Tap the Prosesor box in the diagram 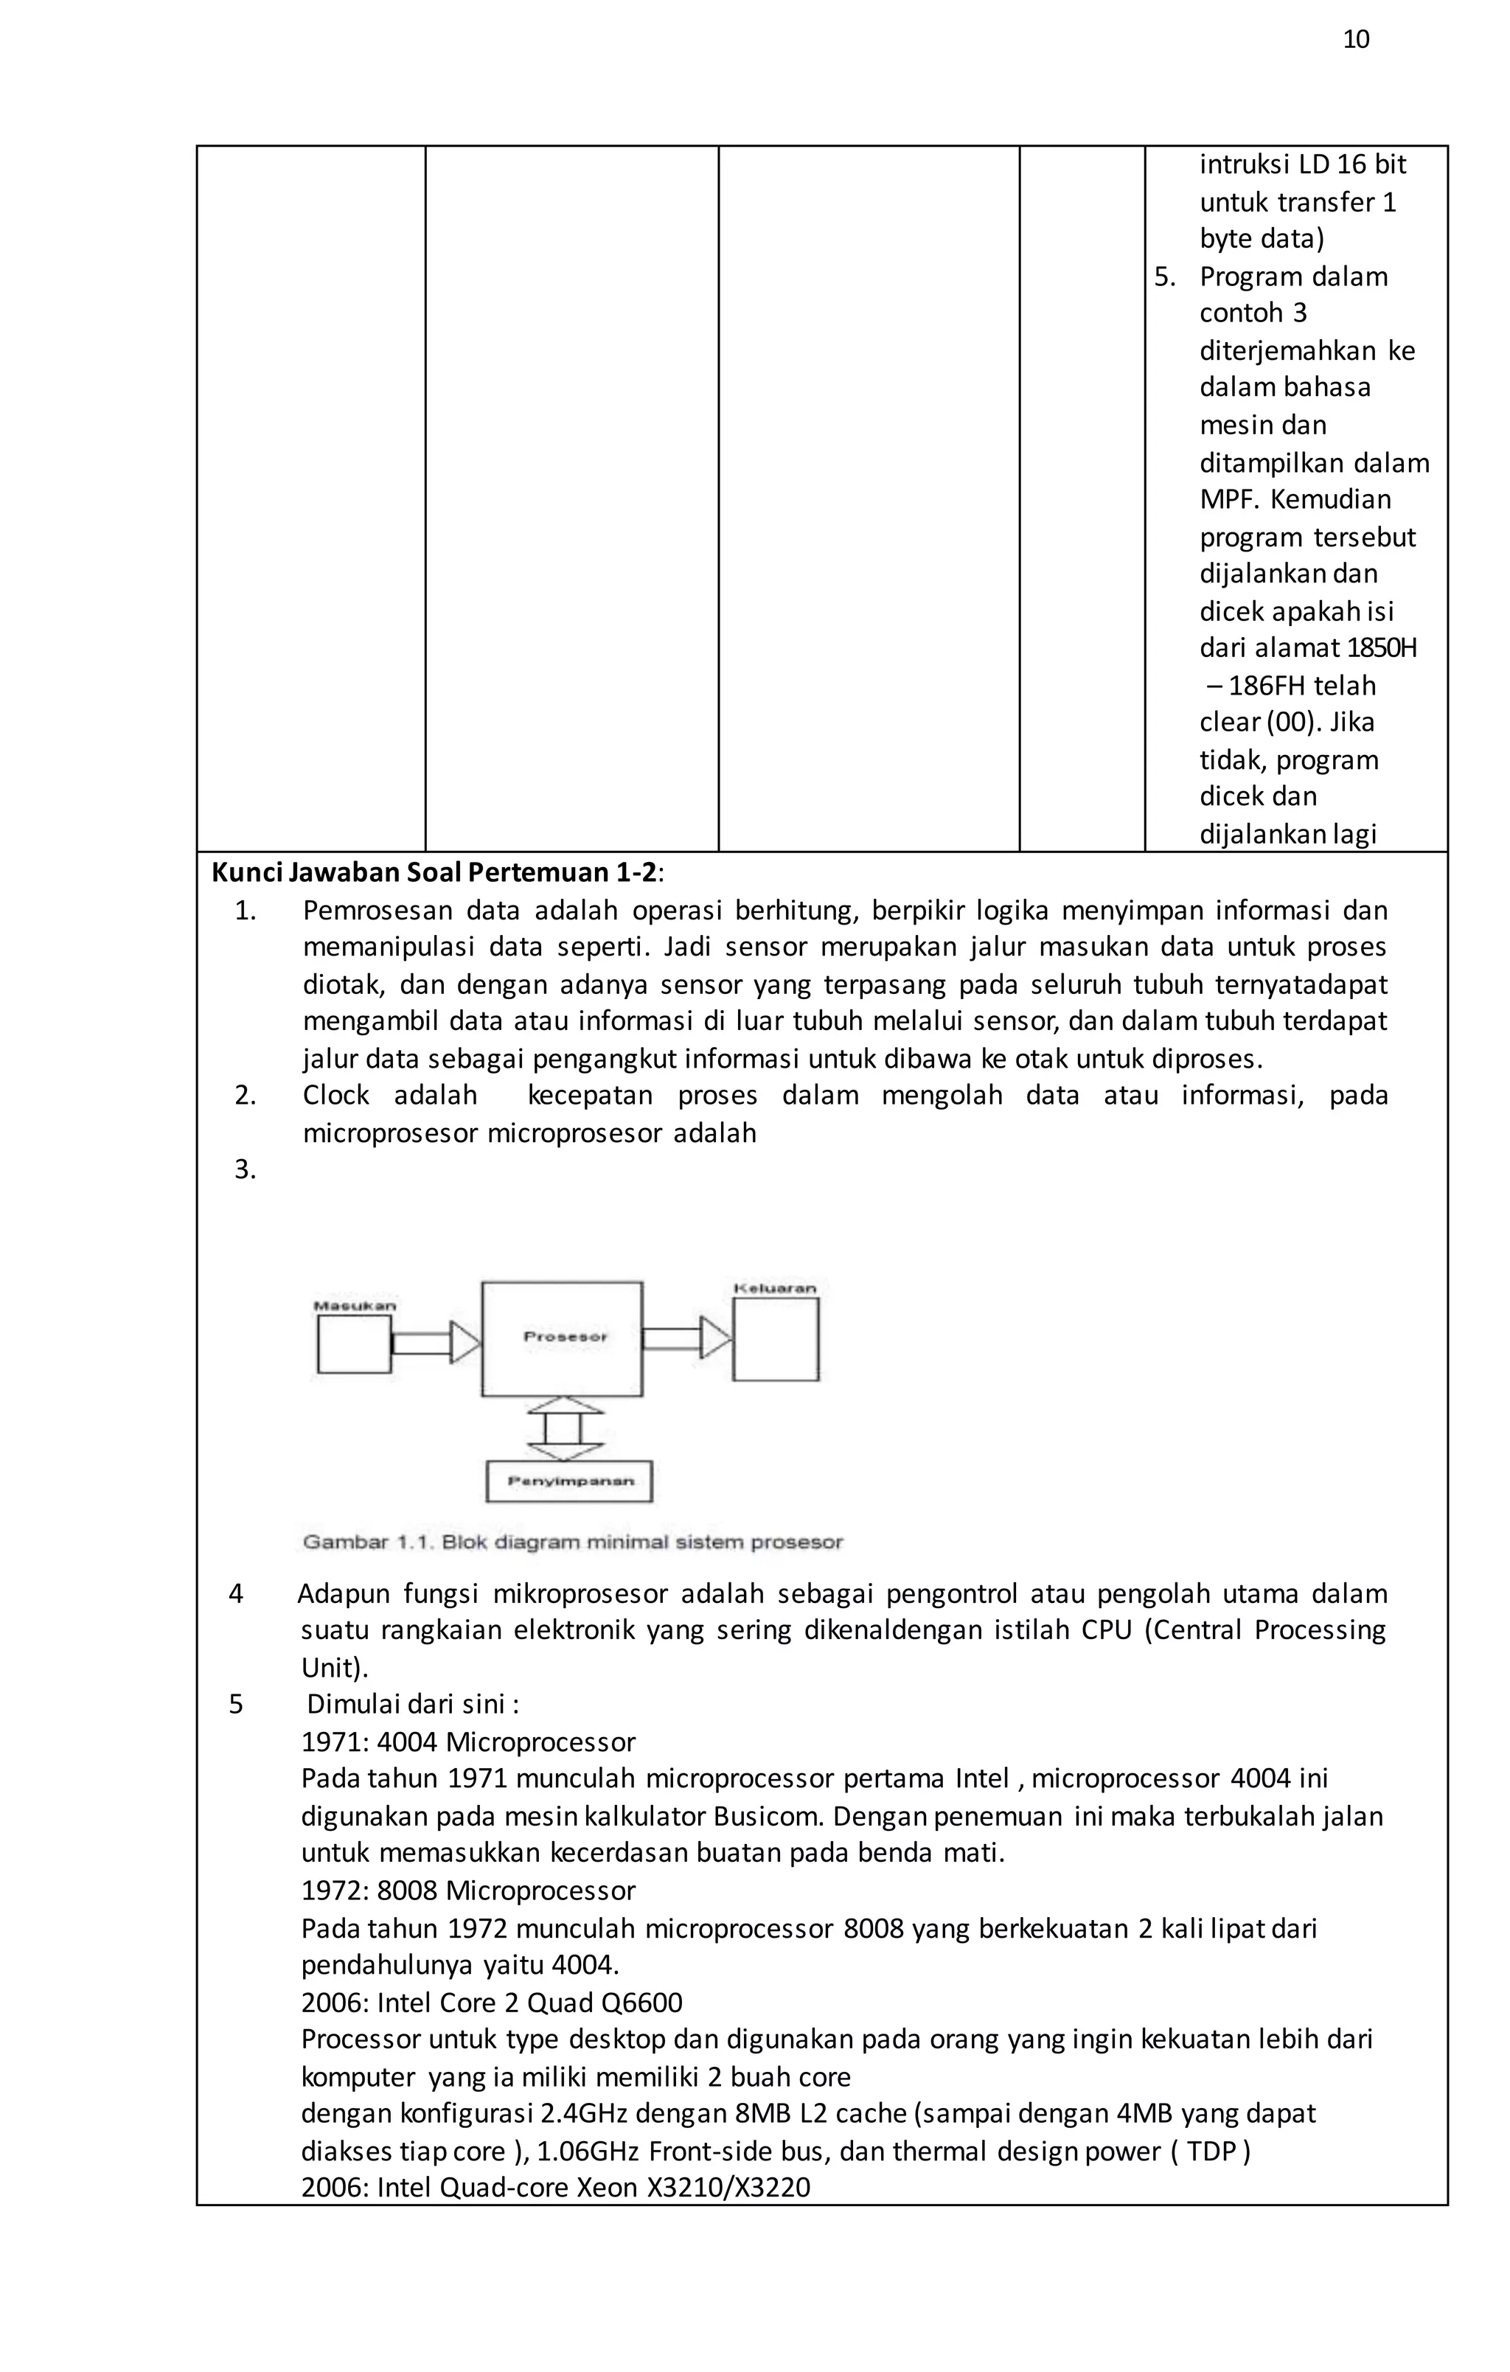click(x=563, y=1338)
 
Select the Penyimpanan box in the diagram click(x=569, y=1481)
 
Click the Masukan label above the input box click(x=355, y=1306)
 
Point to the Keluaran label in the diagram click(x=775, y=1287)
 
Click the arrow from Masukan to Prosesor click(x=434, y=1343)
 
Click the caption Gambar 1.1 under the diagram click(x=572, y=1542)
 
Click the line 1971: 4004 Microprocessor click(x=468, y=1742)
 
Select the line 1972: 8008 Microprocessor click(x=468, y=1891)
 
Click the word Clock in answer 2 click(x=335, y=1096)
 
